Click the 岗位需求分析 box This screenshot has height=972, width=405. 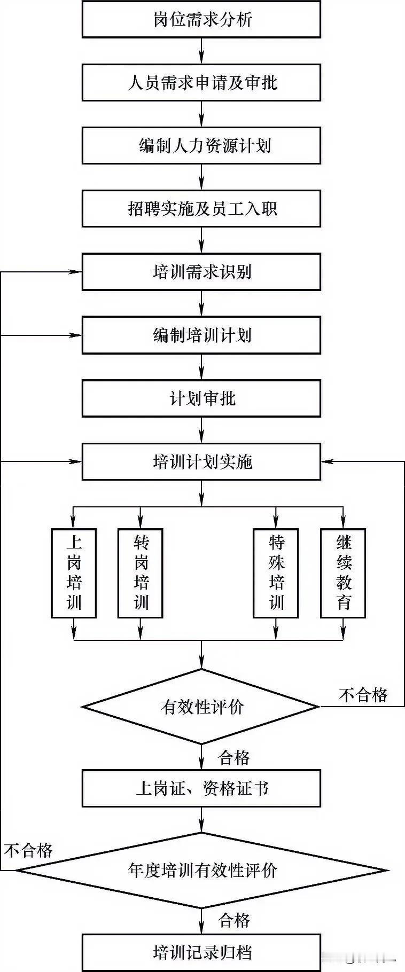[201, 20]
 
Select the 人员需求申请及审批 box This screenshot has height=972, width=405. [201, 83]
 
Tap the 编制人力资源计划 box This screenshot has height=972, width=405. [201, 146]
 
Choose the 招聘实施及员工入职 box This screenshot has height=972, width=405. [201, 209]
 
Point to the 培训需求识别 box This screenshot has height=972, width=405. [201, 272]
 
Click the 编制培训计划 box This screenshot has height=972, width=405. [201, 335]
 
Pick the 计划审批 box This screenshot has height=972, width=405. [201, 398]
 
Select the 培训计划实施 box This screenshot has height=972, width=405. [201, 461]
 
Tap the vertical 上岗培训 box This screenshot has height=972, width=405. [74, 573]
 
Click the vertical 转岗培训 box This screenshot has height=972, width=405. [141, 573]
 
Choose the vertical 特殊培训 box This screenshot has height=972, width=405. [276, 573]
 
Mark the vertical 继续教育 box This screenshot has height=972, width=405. [343, 573]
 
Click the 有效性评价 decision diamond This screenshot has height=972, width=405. [201, 707]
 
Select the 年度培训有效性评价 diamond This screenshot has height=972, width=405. [201, 871]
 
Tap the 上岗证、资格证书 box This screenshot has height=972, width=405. [201, 788]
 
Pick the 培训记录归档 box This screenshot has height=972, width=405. [201, 952]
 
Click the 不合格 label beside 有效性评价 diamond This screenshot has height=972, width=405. [363, 695]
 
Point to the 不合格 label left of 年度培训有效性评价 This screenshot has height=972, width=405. [28, 850]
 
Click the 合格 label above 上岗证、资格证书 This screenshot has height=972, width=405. [234, 757]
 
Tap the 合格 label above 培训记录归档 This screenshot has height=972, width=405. [234, 920]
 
